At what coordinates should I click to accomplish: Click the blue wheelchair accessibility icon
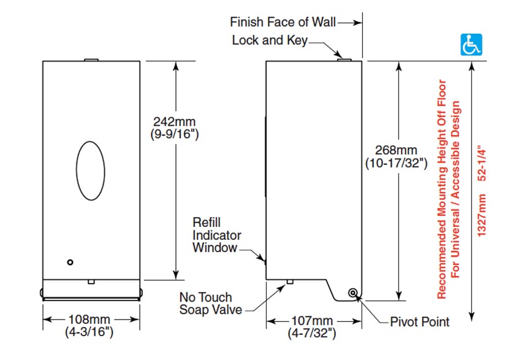[471, 47]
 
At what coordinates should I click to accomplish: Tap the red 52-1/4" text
[482, 164]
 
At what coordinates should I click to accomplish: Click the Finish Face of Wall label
[283, 23]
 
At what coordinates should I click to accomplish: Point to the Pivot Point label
[420, 321]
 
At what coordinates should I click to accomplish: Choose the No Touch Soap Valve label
[211, 304]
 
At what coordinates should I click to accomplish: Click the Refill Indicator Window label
[216, 234]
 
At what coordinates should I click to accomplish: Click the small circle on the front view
[70, 262]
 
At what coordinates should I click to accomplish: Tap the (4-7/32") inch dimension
[313, 333]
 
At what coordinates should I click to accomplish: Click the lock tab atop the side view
[344, 59]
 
